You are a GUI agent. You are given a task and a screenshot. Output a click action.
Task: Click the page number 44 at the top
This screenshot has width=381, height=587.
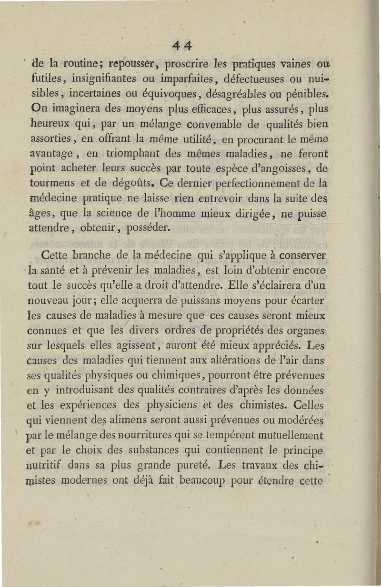[x=182, y=46]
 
